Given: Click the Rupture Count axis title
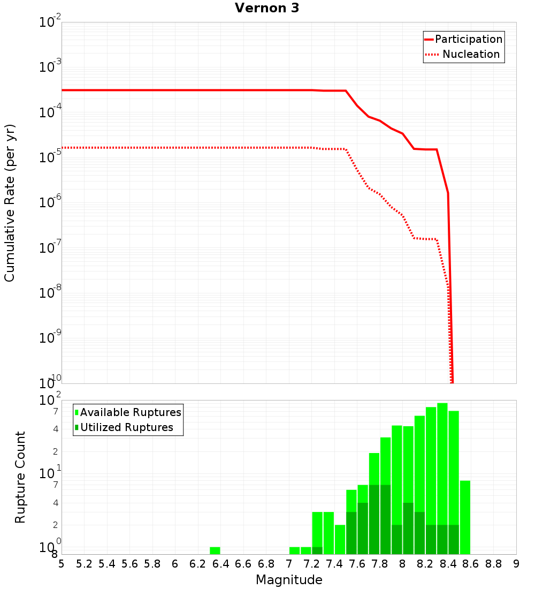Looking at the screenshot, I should (20, 477).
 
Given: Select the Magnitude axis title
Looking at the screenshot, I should (289, 580).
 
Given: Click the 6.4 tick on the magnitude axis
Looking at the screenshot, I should (220, 564).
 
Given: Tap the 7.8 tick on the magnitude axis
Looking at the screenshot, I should (380, 564).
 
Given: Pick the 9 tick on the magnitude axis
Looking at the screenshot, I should (516, 564).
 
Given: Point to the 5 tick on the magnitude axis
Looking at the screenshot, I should (62, 564).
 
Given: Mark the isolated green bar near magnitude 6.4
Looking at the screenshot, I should (215, 550).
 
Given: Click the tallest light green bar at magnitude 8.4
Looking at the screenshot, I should (442, 428).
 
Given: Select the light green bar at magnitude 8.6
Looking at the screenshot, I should (465, 517).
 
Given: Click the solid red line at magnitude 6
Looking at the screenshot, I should (175, 90).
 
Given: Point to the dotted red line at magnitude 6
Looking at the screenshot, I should (175, 147).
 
